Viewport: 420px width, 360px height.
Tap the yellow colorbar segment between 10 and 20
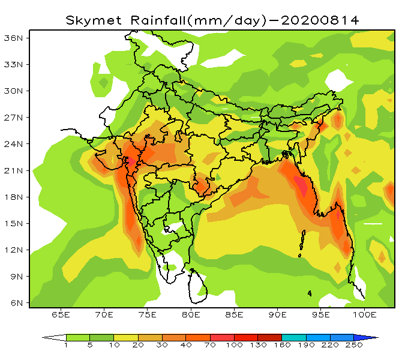[126, 337]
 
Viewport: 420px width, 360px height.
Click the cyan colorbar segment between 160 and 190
[293, 337]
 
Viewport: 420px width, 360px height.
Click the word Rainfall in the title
[157, 20]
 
